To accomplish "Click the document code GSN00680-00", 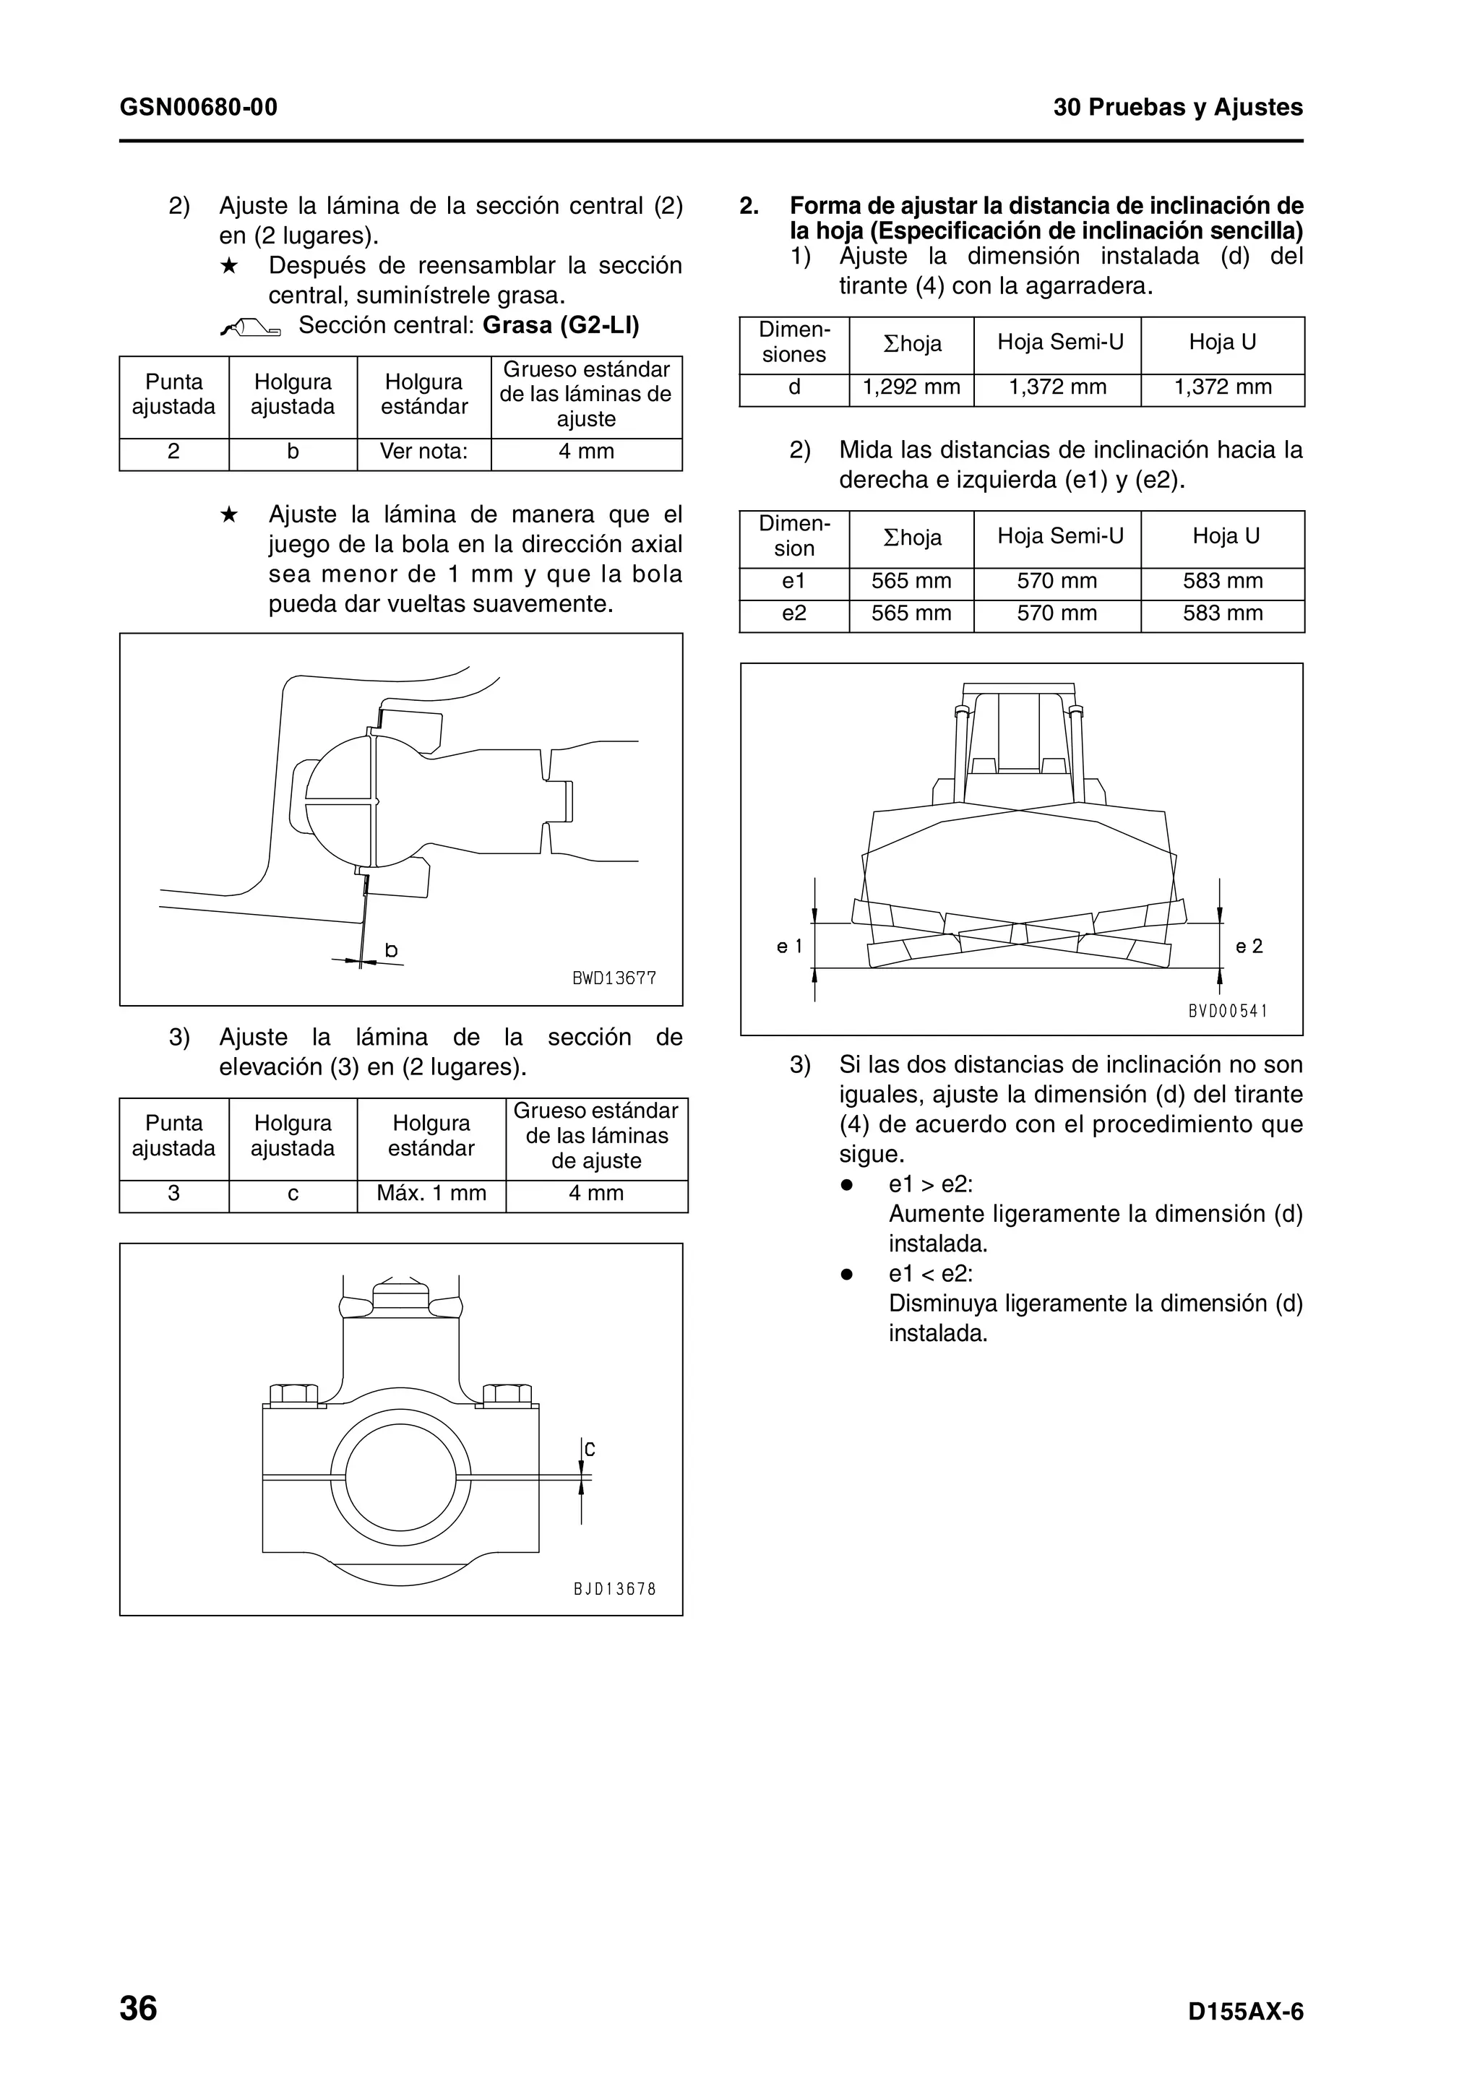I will coord(198,108).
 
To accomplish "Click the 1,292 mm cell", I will coord(911,387).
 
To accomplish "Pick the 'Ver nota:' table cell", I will coord(423,452).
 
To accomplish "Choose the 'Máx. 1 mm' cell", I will coord(431,1193).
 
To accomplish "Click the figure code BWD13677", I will coord(614,978).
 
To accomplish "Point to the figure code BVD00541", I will coord(1227,1011).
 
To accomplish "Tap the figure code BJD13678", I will coord(614,1589).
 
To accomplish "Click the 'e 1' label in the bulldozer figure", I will coord(789,947).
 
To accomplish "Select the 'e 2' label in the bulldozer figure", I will coord(1249,947).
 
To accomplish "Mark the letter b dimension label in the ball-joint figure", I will coord(391,950).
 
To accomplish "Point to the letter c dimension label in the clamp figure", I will coord(589,1448).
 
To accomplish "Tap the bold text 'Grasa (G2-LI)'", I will coord(561,326).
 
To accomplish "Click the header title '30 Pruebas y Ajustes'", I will coord(1178,108).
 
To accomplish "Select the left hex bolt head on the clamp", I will coord(293,1395).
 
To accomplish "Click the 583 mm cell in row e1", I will coord(1222,581).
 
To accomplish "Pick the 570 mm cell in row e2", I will coord(1056,613).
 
